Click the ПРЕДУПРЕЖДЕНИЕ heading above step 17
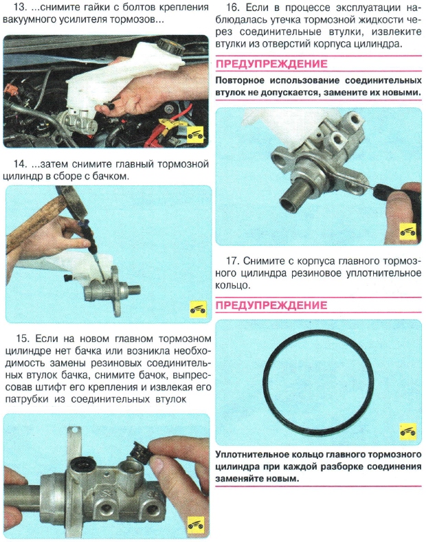click(x=271, y=65)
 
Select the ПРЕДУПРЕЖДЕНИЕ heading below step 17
click(x=271, y=305)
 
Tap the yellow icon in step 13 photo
click(x=196, y=133)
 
